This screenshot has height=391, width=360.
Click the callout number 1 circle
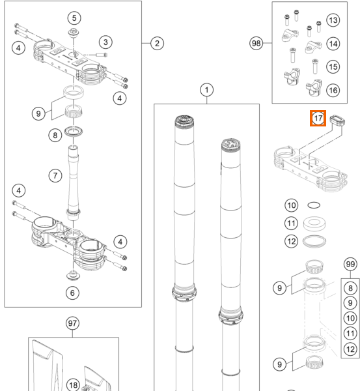206,90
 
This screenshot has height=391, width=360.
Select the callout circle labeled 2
157,44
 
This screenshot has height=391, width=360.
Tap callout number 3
105,42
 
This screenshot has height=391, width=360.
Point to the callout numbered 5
74,18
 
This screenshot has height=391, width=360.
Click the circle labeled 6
72,293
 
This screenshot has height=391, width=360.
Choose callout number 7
55,175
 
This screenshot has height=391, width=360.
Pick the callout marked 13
333,20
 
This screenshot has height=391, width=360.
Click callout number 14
333,44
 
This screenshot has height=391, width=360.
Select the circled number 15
333,67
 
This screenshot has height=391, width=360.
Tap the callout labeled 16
333,91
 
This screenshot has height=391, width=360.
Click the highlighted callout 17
318,118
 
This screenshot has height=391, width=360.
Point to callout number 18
74,385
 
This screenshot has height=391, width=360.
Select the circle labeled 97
72,323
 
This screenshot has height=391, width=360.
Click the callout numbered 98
256,44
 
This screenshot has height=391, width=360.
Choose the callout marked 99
350,264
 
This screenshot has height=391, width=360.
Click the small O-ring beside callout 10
314,205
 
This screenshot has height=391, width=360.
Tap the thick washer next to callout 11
314,224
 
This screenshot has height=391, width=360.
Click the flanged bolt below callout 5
74,33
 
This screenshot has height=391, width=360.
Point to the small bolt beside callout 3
102,55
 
